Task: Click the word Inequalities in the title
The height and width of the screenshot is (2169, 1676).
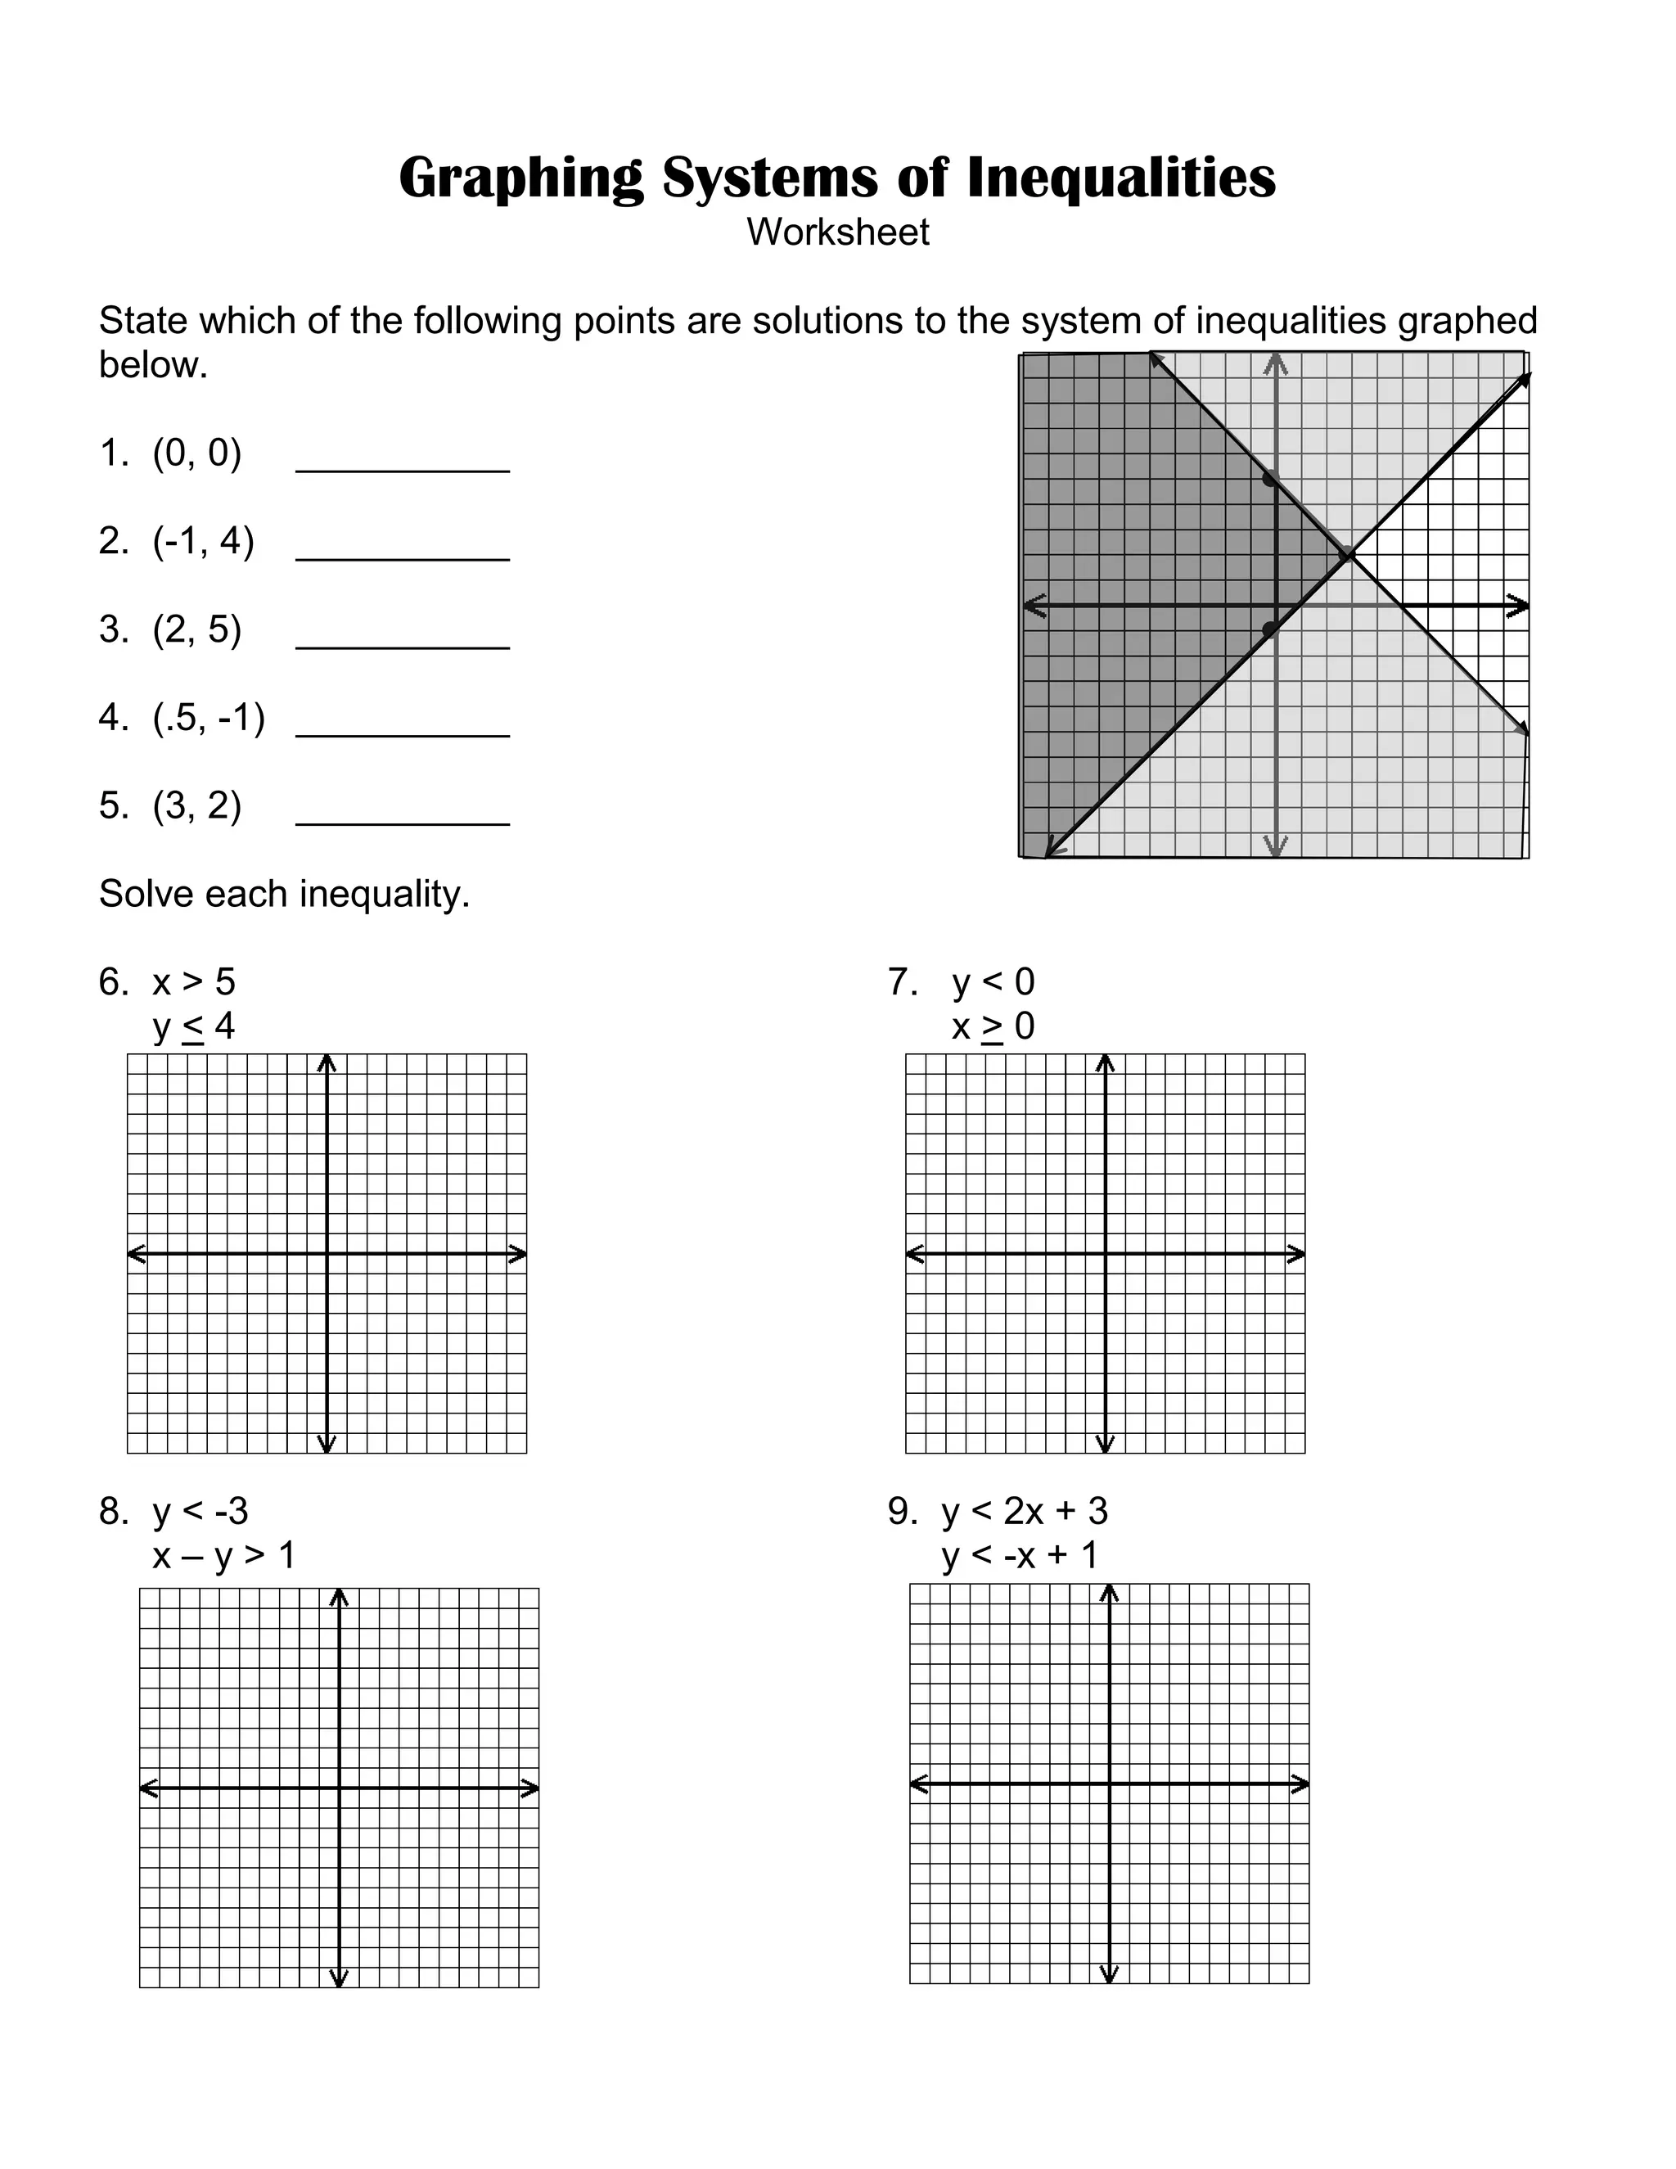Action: point(1120,178)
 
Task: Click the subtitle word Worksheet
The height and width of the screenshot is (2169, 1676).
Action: point(838,232)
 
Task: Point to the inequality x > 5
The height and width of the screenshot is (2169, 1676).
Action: point(194,982)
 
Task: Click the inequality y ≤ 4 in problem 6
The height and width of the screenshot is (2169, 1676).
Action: point(194,1026)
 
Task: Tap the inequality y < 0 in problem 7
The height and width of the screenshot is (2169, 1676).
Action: point(993,982)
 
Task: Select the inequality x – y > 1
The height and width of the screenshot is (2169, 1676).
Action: point(224,1555)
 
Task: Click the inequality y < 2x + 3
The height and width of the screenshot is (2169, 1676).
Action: point(1025,1512)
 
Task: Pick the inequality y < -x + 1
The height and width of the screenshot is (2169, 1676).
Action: point(1020,1555)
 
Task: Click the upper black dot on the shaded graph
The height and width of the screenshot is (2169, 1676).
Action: point(1269,479)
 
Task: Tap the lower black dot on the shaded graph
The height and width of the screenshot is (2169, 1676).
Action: point(1269,629)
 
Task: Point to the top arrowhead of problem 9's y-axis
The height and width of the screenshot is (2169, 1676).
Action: point(1110,1594)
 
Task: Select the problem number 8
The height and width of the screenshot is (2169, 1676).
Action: point(112,1512)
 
